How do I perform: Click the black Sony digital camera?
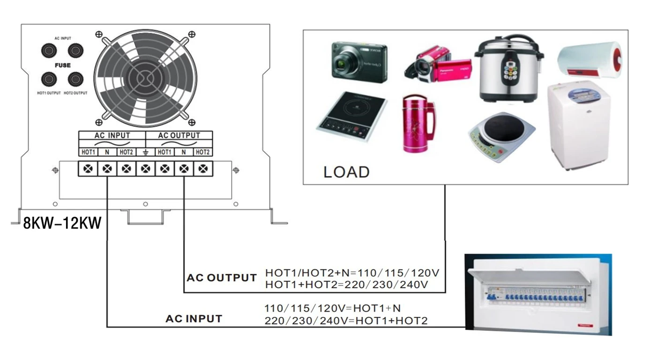(x=359, y=62)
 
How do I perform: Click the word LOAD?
(x=346, y=172)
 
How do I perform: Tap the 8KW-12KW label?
(x=62, y=223)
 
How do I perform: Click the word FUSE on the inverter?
(x=62, y=65)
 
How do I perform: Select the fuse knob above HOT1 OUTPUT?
(x=49, y=79)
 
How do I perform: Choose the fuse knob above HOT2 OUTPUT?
(x=75, y=79)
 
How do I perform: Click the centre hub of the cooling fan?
(x=145, y=77)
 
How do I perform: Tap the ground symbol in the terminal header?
(x=145, y=152)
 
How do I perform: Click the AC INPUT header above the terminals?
(x=112, y=135)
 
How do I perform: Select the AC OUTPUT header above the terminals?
(x=179, y=135)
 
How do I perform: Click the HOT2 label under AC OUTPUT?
(x=203, y=152)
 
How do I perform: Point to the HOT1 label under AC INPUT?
(x=88, y=152)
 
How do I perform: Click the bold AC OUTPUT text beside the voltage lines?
(x=221, y=277)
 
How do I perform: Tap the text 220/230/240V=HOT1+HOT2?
(x=346, y=321)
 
